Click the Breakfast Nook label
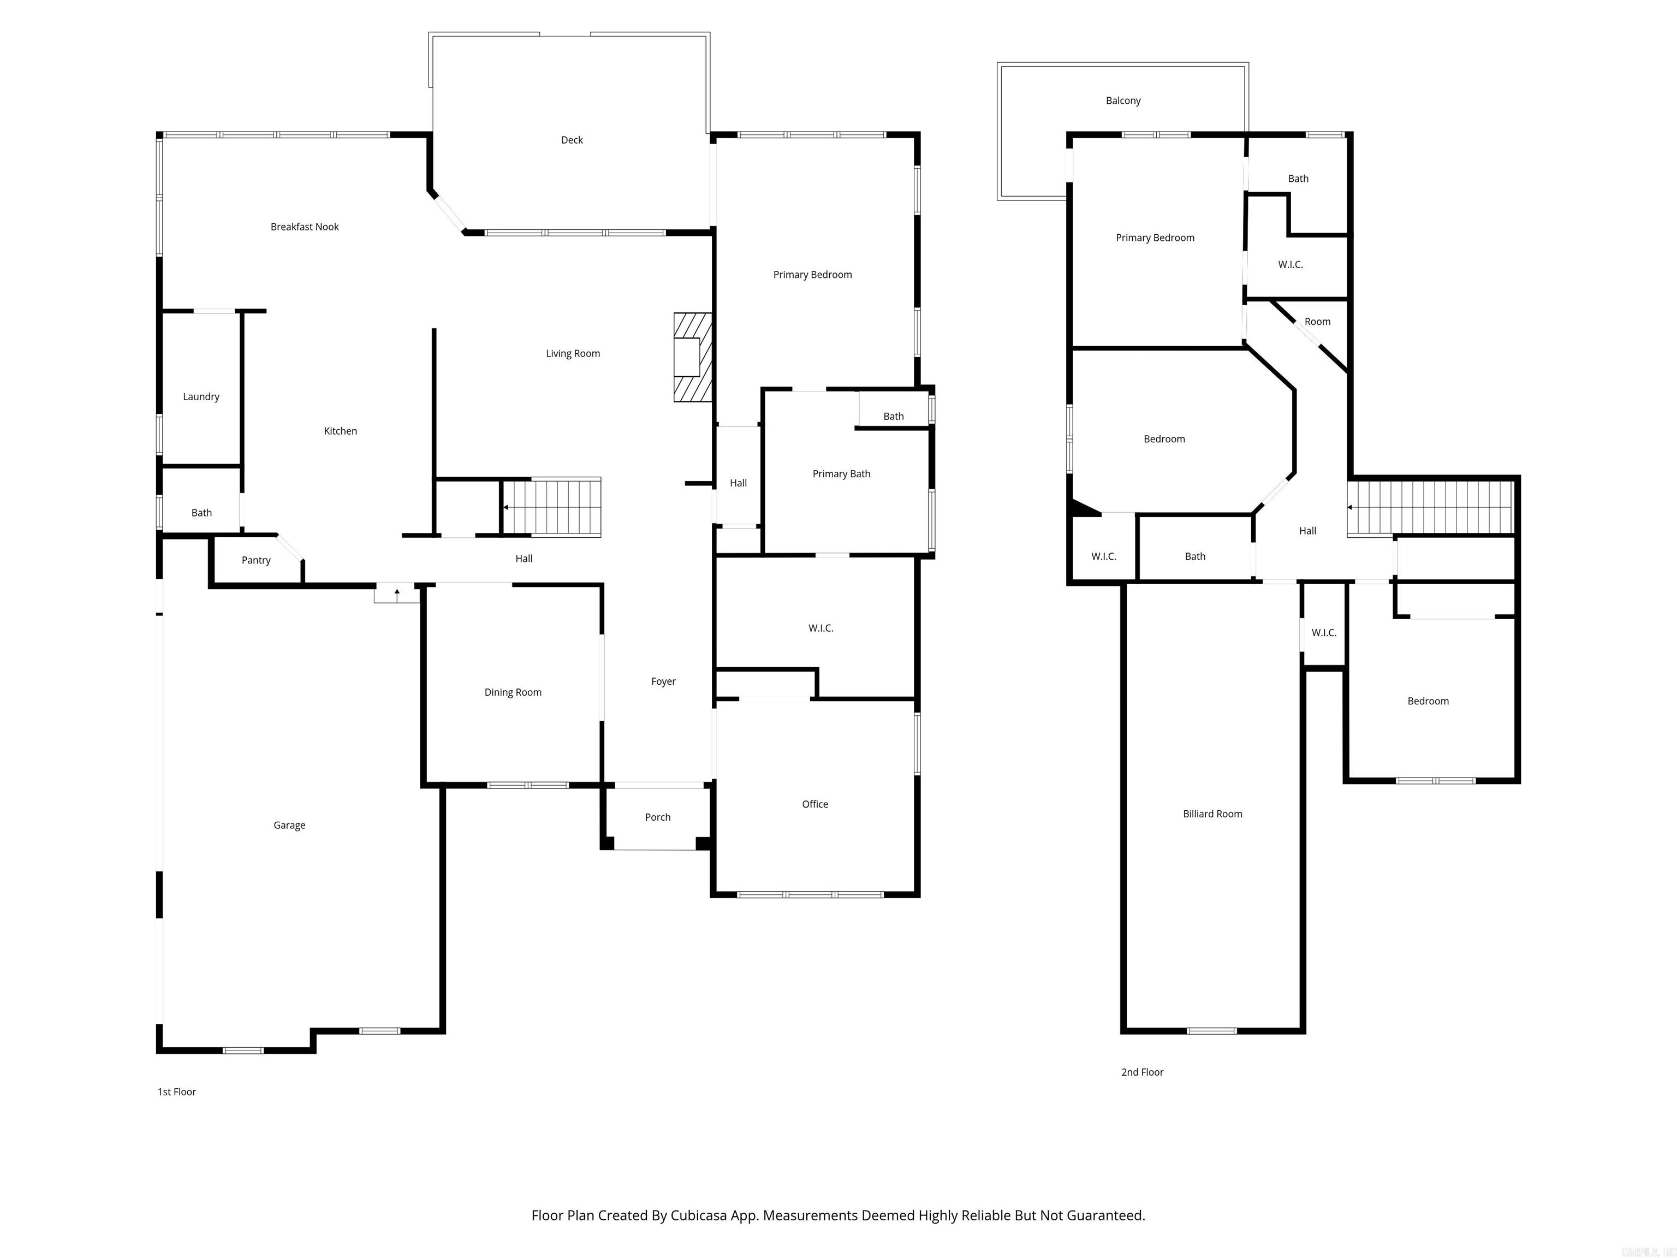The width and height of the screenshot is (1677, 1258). click(304, 227)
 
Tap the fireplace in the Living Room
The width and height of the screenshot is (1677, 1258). click(692, 357)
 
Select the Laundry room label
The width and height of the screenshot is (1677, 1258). click(201, 396)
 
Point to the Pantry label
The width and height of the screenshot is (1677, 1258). click(255, 560)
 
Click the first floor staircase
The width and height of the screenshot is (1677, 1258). click(552, 507)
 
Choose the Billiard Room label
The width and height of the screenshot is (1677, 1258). click(1212, 814)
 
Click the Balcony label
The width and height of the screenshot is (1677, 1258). click(1123, 101)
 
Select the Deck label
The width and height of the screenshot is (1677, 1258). click(572, 140)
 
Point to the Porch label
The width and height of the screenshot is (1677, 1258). click(657, 817)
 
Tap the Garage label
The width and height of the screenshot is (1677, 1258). click(289, 825)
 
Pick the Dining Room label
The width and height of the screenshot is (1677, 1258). click(513, 692)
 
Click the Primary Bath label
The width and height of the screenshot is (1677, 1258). click(841, 474)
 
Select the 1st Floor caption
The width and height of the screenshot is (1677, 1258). click(177, 1092)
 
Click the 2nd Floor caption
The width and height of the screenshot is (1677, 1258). click(1142, 1072)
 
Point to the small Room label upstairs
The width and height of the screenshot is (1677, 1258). click(1317, 322)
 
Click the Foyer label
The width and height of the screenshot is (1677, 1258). click(663, 682)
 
